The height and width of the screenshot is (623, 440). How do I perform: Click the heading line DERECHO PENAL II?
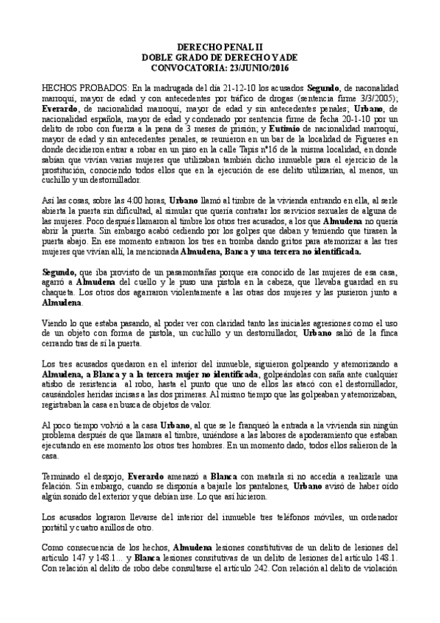pos(220,46)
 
